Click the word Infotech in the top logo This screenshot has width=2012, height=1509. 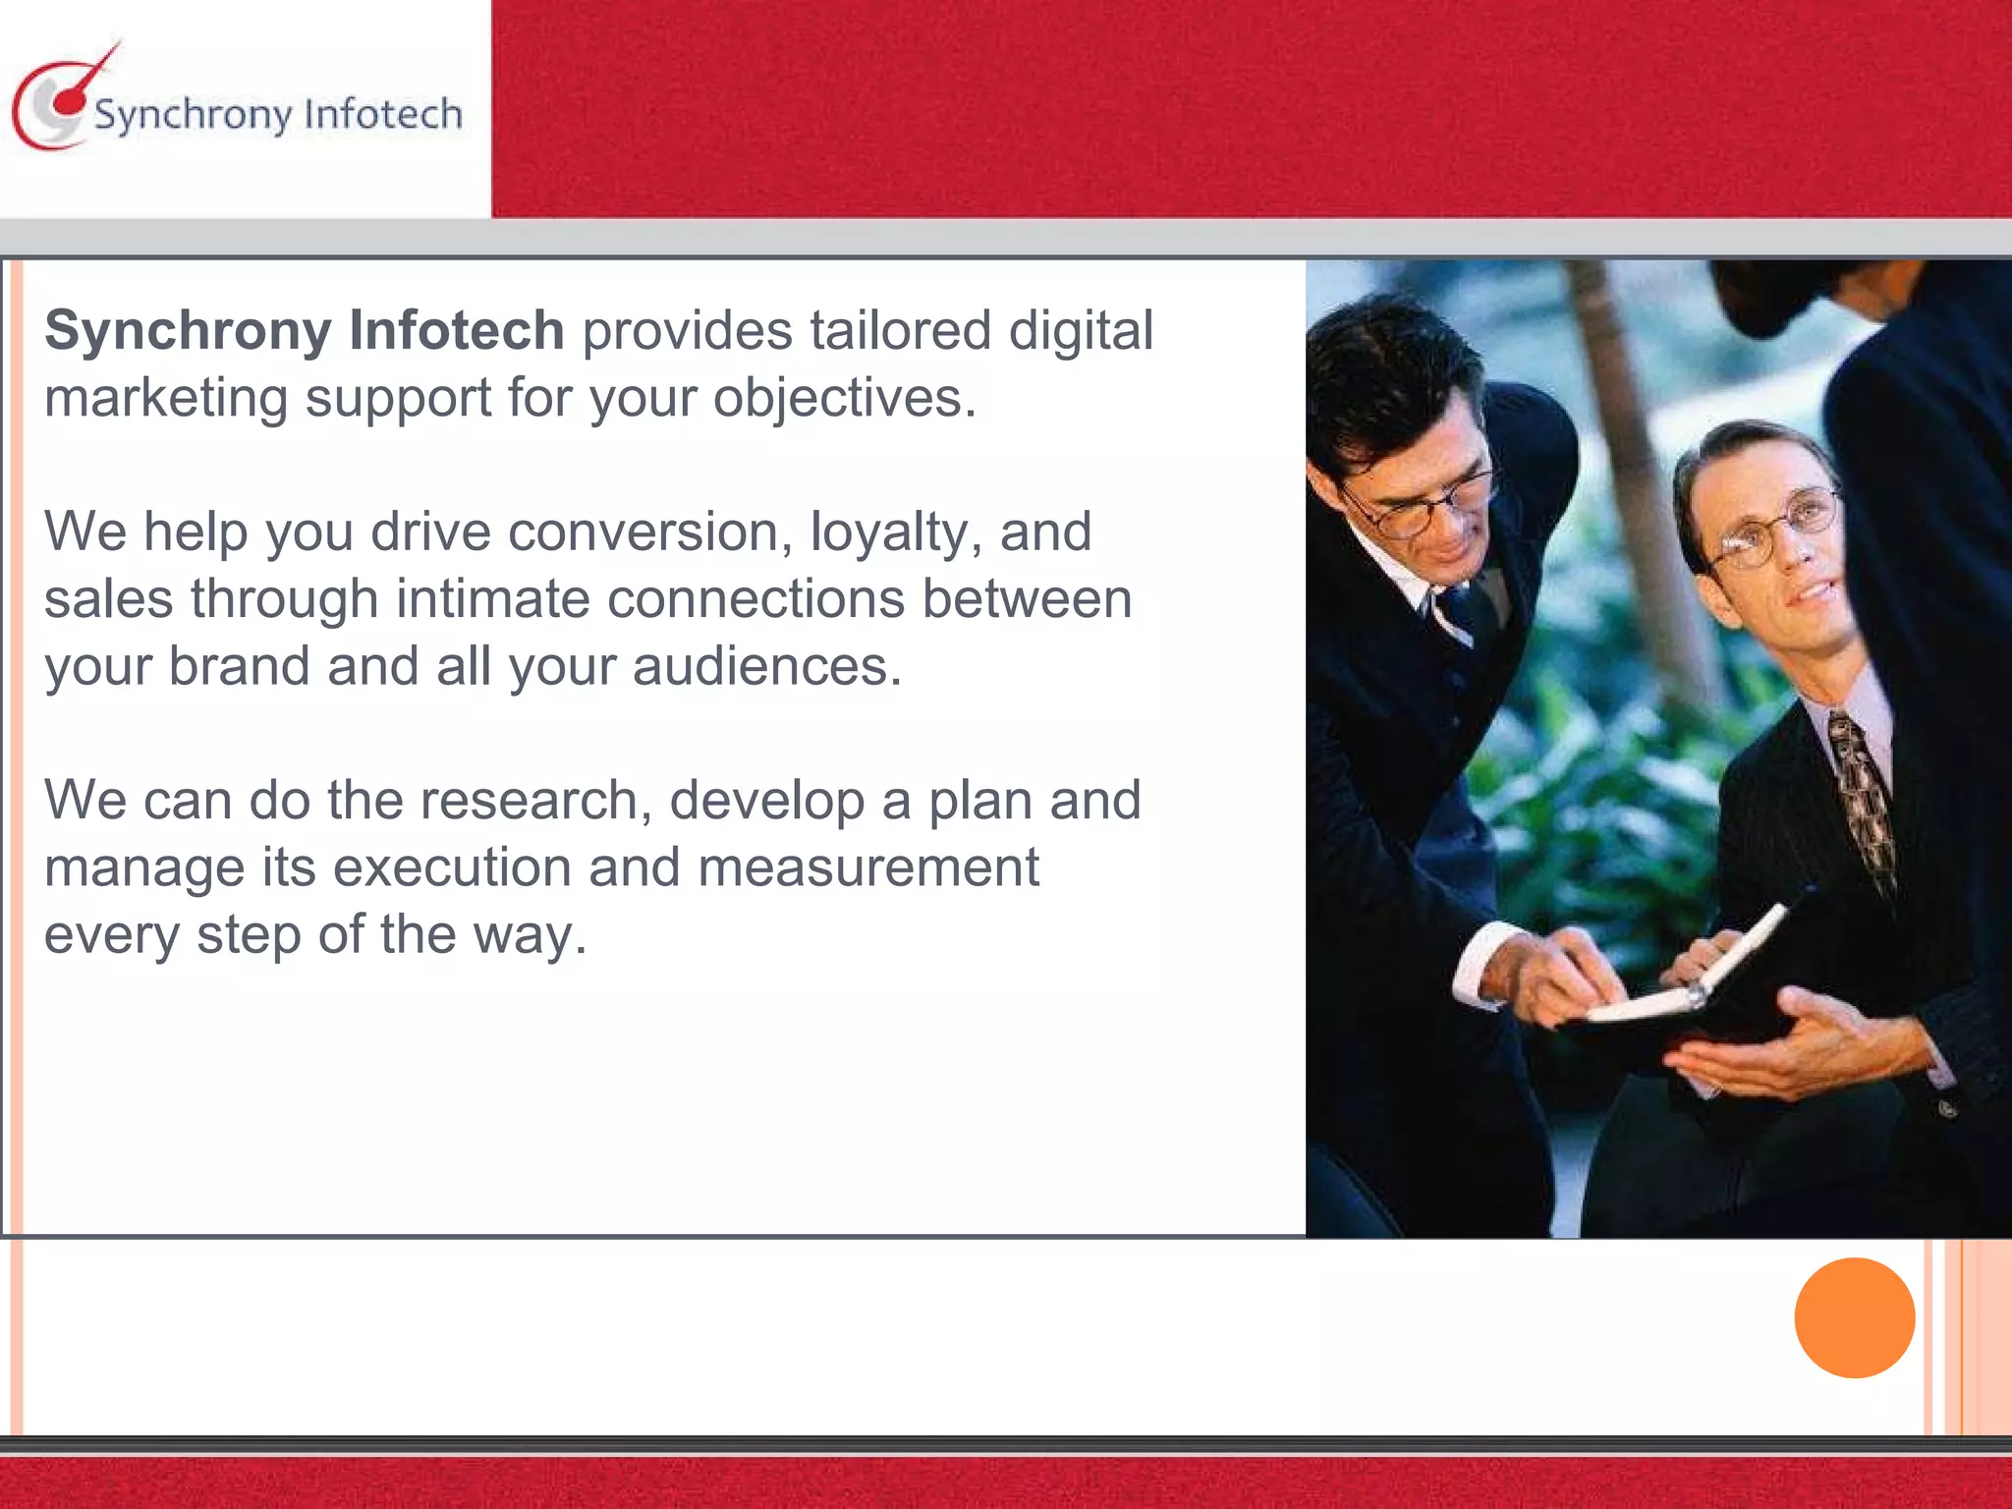[383, 114]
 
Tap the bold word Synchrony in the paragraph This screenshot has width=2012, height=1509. [188, 330]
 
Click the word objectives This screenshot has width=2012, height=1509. [844, 399]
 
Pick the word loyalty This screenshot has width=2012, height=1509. [895, 533]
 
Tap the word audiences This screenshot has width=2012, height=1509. [766, 666]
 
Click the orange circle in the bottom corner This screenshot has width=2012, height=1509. [1854, 1317]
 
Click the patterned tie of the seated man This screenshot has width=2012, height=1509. [1862, 796]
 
